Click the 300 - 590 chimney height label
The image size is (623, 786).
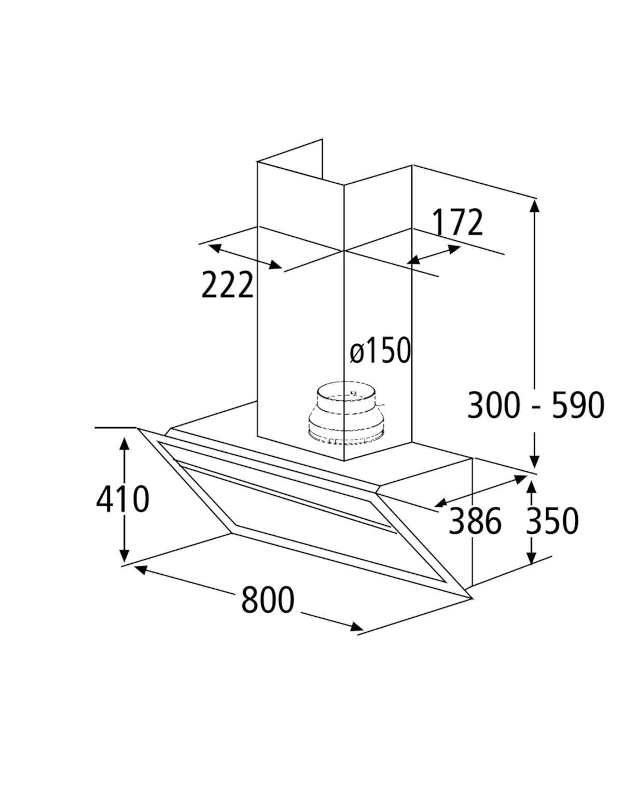tap(536, 405)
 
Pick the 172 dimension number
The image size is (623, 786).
tap(458, 222)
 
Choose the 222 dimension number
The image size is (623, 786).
tap(227, 284)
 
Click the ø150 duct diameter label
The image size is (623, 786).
tap(380, 350)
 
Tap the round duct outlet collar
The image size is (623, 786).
tap(347, 413)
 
